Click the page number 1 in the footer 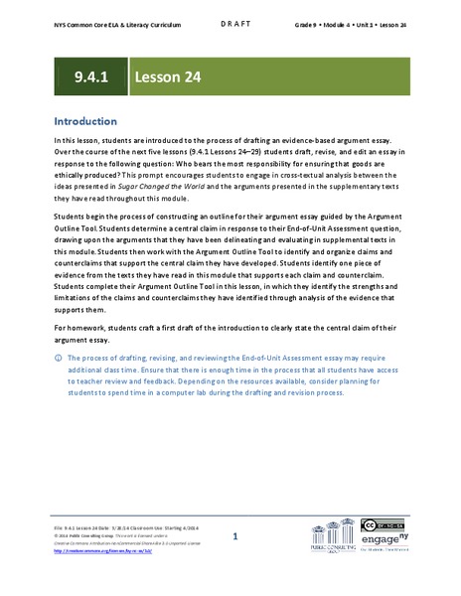click(234, 536)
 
